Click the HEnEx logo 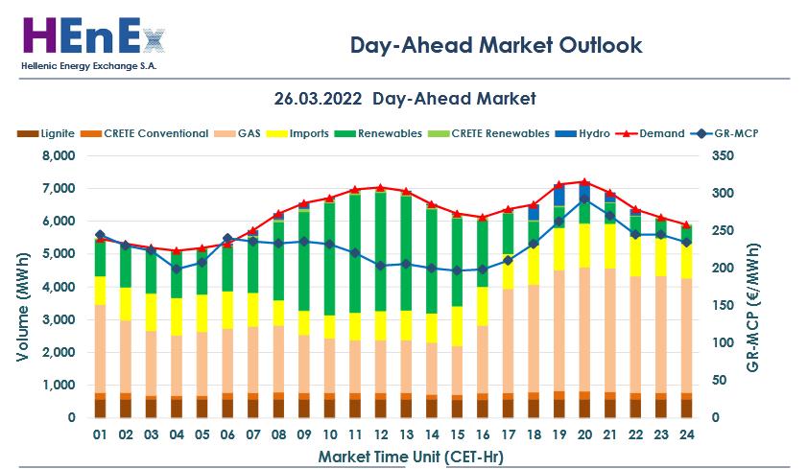(x=92, y=38)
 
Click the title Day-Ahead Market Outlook (x=495, y=45)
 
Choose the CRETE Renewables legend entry (x=500, y=133)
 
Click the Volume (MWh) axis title (x=22, y=287)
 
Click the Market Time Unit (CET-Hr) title (x=398, y=456)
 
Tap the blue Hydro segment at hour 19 (x=558, y=196)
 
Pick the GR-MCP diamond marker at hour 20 (x=584, y=200)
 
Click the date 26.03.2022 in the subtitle (x=319, y=99)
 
